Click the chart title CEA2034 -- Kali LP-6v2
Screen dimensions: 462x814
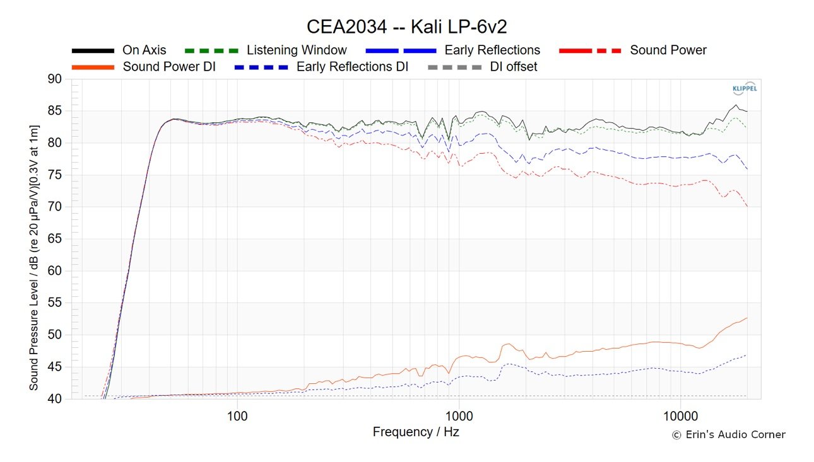(406, 27)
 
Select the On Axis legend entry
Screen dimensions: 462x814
(145, 50)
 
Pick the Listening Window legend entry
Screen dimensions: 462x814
(297, 50)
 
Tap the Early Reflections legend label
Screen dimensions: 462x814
(492, 50)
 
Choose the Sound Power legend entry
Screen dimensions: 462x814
(668, 50)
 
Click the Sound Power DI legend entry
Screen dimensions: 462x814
(169, 66)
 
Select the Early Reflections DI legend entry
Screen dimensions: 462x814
(352, 66)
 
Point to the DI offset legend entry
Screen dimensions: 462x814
(514, 66)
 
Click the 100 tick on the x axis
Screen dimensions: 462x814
(237, 417)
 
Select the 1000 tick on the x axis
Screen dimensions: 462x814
(459, 417)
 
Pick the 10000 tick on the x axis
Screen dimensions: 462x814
(680, 417)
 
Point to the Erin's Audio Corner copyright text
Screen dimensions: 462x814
(728, 435)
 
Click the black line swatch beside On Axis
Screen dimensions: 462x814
(93, 50)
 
